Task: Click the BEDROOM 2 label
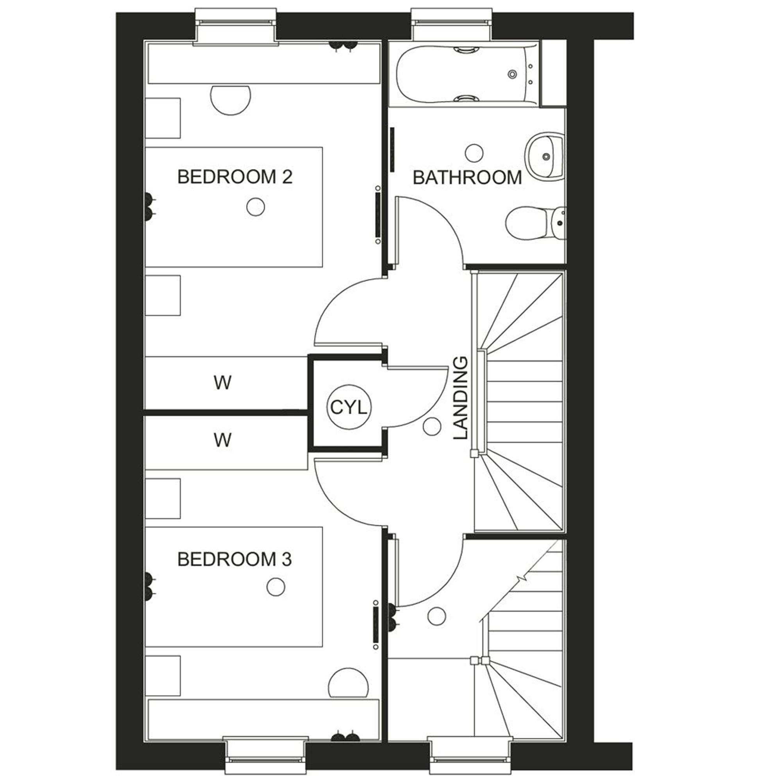235,177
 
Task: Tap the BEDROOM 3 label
235,560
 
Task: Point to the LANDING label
461,398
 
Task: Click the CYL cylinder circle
348,407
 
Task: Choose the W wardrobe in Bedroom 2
222,383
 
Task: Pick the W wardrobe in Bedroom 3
222,440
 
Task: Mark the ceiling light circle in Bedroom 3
276,587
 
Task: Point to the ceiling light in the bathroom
474,153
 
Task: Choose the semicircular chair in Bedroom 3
348,684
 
